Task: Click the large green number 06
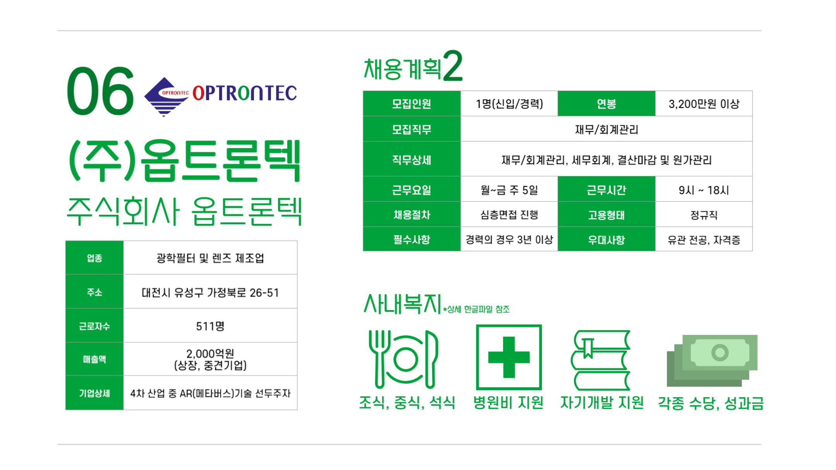[x=100, y=91]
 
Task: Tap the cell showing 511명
[x=210, y=326]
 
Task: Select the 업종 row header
[x=94, y=258]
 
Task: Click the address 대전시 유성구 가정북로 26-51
[x=210, y=292]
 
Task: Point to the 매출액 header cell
[x=94, y=359]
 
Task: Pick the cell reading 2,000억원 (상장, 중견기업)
[x=210, y=359]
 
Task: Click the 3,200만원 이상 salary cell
[x=704, y=104]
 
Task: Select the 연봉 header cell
[x=606, y=104]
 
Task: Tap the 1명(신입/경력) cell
[x=509, y=104]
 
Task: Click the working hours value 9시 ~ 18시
[x=704, y=190]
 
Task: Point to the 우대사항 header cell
[x=606, y=239]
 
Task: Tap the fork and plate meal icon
[x=404, y=359]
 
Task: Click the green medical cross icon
[x=509, y=357]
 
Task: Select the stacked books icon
[x=600, y=360]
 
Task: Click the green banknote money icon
[x=712, y=360]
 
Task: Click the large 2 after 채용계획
[x=453, y=66]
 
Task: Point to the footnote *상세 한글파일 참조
[x=476, y=309]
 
